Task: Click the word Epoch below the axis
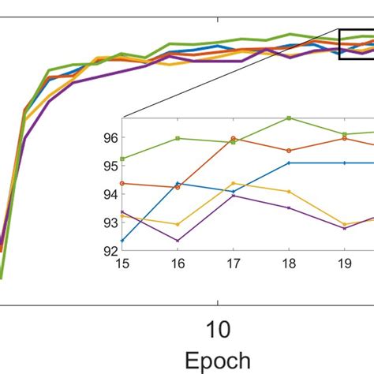pos(217,360)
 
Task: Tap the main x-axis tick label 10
pos(217,327)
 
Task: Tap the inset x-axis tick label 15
pos(122,263)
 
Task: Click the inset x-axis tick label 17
pos(234,263)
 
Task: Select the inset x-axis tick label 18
pos(289,263)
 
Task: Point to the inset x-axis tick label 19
pos(344,263)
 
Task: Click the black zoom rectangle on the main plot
pos(356,43)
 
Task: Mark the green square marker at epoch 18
pos(289,118)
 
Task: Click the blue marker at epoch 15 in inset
pos(122,240)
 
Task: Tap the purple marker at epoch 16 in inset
pos(178,241)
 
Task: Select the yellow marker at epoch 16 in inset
pos(178,224)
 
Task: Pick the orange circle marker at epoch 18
pos(289,151)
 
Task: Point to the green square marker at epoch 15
pos(122,159)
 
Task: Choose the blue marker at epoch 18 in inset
pos(289,163)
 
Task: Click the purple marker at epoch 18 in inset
pos(289,208)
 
